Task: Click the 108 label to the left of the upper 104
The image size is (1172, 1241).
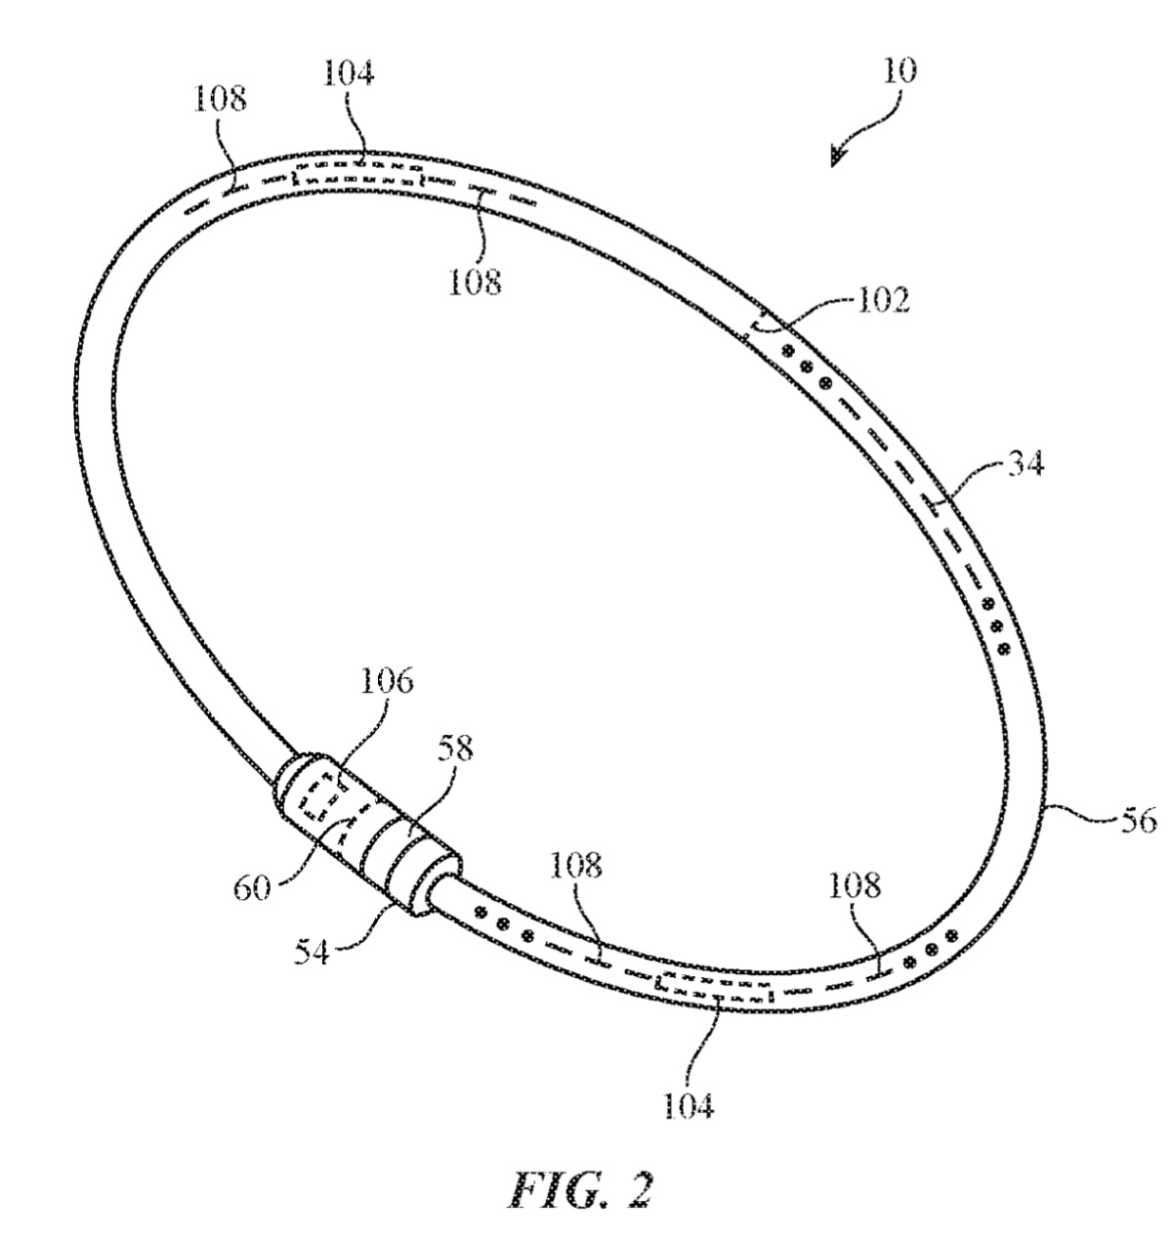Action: pyautogui.click(x=221, y=100)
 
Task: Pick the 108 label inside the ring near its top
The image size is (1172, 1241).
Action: pyautogui.click(x=475, y=281)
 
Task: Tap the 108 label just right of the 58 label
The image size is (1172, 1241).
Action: pyautogui.click(x=575, y=865)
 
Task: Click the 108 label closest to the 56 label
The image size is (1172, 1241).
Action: pyautogui.click(x=856, y=885)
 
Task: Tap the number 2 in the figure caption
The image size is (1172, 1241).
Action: pyautogui.click(x=639, y=1188)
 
